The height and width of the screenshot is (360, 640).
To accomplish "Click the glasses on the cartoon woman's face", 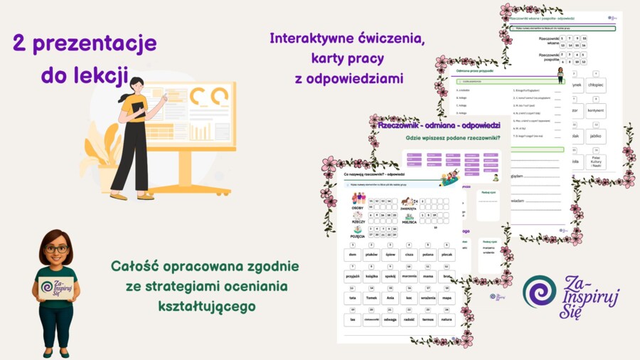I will (x=57, y=249).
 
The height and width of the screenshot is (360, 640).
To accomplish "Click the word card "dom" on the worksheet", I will (x=352, y=253).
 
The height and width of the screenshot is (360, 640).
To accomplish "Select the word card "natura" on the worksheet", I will (x=447, y=319).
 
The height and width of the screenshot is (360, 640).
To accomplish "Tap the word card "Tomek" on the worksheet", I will (x=371, y=298).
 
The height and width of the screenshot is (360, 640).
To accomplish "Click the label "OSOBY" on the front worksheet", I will (x=358, y=208).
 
